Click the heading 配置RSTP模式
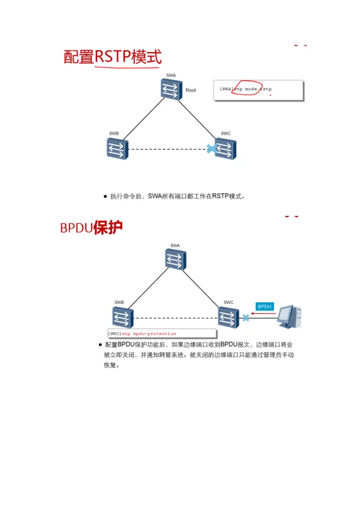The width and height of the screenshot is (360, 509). pos(112,56)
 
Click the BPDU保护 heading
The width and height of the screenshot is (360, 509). pos(91,227)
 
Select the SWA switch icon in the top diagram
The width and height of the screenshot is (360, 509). pos(171,89)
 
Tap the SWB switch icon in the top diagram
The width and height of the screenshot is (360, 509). pos(117,148)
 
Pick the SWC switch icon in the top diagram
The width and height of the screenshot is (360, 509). pos(225,148)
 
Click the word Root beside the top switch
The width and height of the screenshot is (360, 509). pos(190,90)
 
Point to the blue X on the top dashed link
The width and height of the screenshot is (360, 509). pos(211,148)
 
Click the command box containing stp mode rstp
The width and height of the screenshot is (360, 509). pos(258,90)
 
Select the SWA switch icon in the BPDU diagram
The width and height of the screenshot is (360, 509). pos(175,260)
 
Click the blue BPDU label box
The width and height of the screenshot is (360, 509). pos(265,307)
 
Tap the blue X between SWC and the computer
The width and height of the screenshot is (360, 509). pos(246,318)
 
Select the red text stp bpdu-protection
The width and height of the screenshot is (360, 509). pos(149,333)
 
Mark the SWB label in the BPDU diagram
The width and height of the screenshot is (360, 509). pos(119,302)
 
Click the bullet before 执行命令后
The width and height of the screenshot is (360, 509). pos(105,196)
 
